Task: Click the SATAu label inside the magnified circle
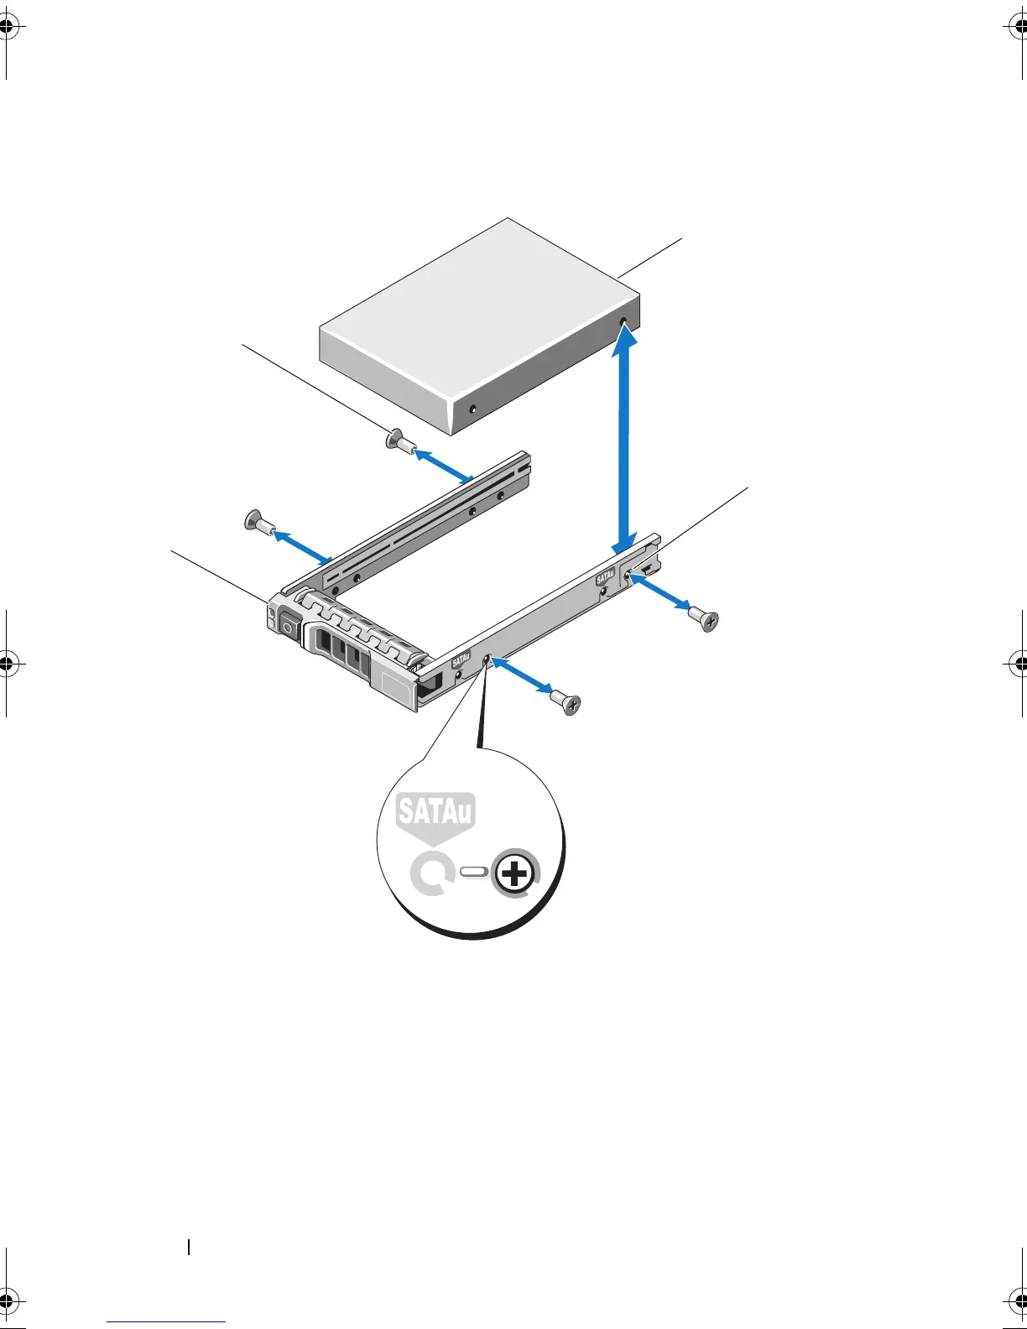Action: [435, 811]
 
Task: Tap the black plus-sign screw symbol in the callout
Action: [514, 875]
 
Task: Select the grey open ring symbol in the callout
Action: [431, 874]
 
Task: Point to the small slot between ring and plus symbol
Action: [474, 873]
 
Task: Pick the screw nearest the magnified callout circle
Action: [566, 701]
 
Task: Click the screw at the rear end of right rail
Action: [705, 619]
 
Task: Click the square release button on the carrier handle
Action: [289, 626]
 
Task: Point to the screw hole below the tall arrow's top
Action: [623, 322]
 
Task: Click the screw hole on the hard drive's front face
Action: [472, 409]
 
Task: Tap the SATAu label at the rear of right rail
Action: [605, 578]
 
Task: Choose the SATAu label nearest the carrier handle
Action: [461, 662]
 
